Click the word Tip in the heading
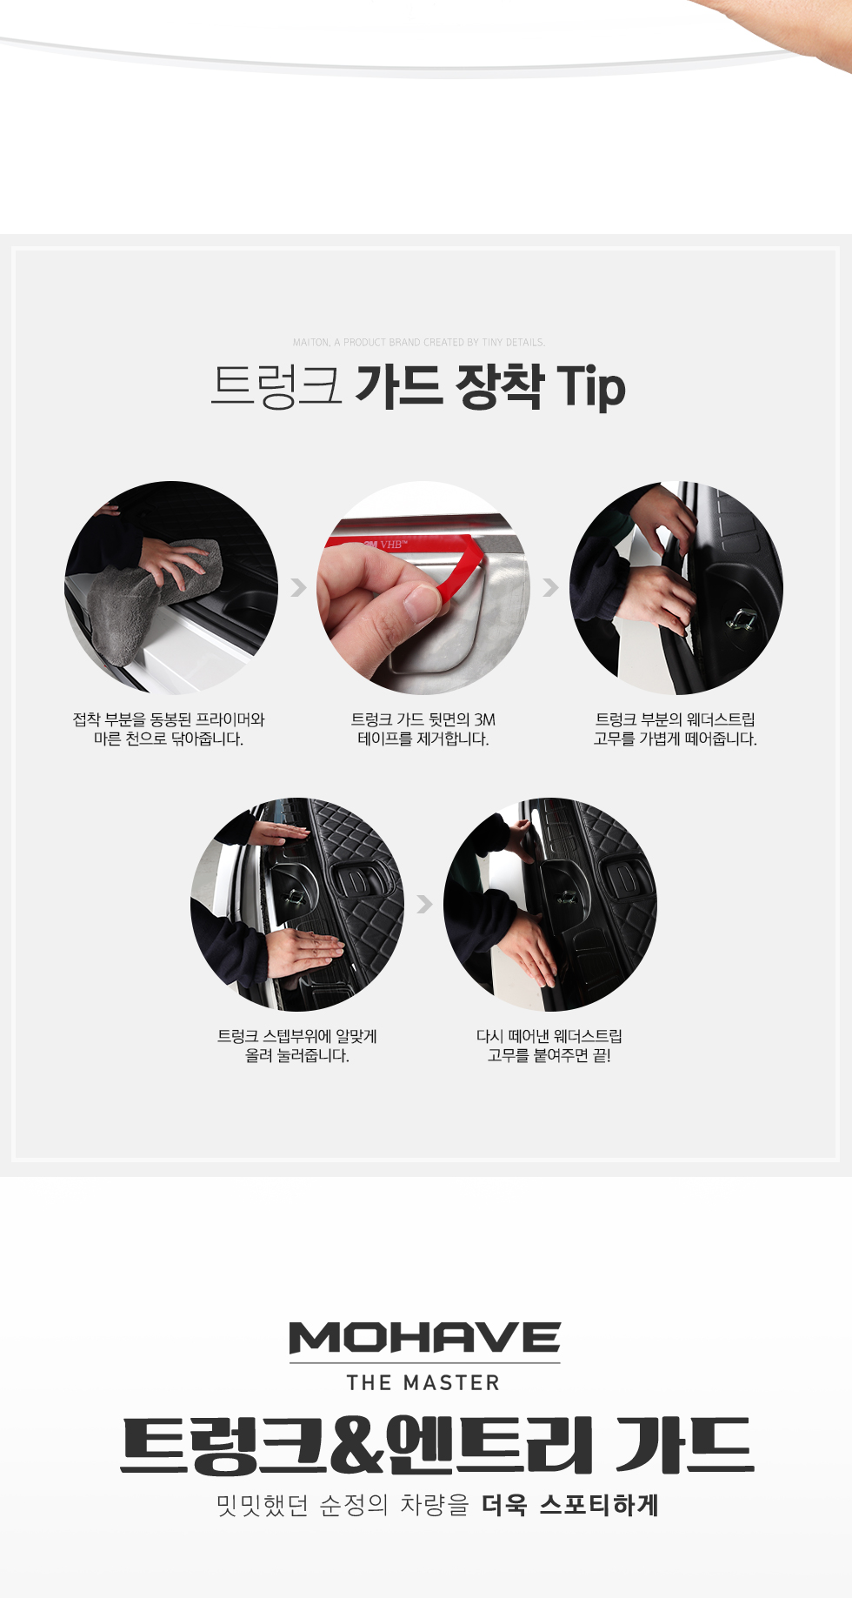coord(591,387)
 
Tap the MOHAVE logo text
coord(425,1338)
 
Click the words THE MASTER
coord(423,1382)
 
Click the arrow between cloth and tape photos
coord(298,587)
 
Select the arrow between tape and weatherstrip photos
coord(550,587)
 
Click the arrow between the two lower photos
coord(424,904)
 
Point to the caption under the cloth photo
coord(169,729)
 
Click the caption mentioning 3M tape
coord(423,729)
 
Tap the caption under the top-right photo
coord(676,729)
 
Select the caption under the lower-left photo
coord(297,1046)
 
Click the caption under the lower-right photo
coord(549,1046)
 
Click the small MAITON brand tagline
coord(419,343)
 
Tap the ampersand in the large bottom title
coord(358,1445)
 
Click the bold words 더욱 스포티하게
coord(570,1505)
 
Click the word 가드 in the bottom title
coord(684,1445)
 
